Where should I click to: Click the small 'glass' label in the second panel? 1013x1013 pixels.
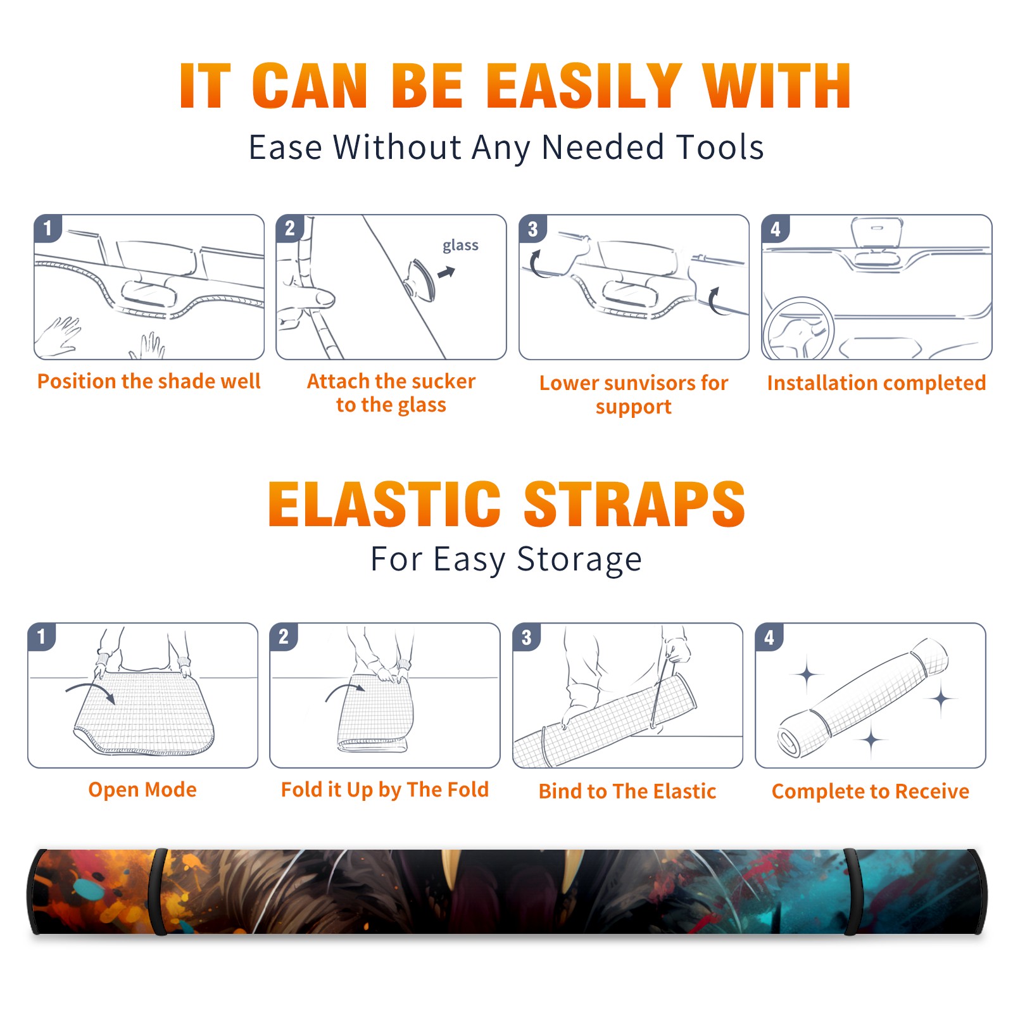[460, 246]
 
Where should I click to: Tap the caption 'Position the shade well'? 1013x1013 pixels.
[149, 381]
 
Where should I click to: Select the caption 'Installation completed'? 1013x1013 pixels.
[876, 383]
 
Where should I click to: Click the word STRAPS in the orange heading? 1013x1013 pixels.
[634, 504]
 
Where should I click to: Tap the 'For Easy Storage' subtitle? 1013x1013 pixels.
[506, 560]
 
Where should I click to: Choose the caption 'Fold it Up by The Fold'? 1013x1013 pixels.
[385, 790]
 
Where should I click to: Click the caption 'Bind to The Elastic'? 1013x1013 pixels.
[627, 791]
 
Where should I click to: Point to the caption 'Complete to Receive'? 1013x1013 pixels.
[871, 791]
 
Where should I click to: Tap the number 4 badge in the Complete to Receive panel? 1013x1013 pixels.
[769, 637]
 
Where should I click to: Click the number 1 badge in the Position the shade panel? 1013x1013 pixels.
[47, 228]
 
